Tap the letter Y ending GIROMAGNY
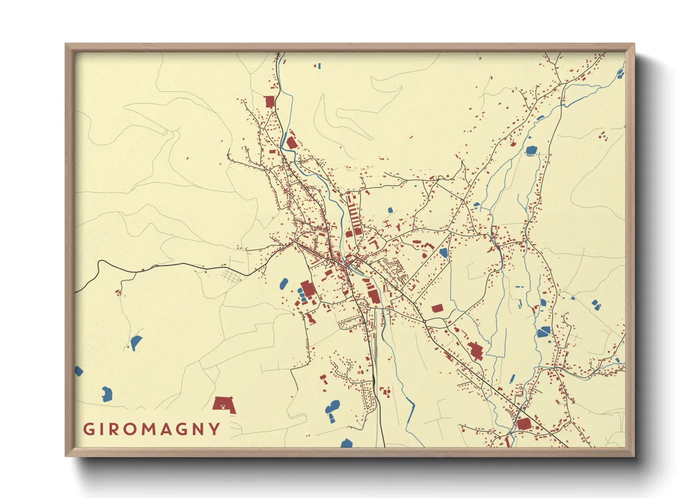215,429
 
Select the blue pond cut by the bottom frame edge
347,443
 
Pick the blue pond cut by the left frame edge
78,371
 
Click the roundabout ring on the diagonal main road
424,321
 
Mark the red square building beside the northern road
269,102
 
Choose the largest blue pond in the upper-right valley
531,151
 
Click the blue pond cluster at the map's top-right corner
620,73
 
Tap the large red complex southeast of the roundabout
475,351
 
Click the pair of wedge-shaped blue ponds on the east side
596,305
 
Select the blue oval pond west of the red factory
284,284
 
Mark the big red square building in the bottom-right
524,423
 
